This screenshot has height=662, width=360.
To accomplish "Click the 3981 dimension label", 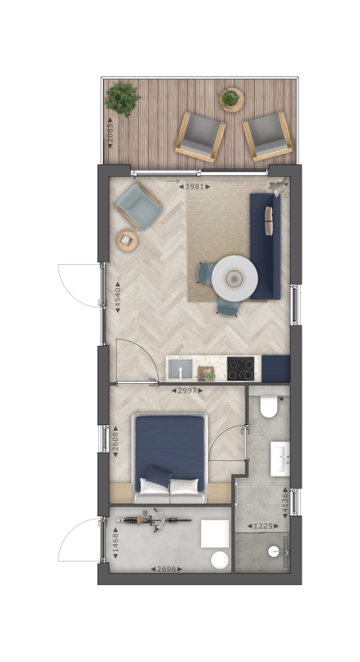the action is (194, 186).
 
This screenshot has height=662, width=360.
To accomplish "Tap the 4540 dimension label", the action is (118, 298).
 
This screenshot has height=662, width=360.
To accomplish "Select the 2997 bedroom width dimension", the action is (187, 390).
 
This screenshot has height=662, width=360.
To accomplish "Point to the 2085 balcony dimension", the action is (110, 132).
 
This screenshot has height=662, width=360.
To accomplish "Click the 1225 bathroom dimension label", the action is (263, 526).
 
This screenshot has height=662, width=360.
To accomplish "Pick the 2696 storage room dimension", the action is (167, 569).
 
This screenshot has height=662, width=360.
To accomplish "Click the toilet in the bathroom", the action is (269, 406).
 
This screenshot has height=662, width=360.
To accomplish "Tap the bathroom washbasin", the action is (281, 459).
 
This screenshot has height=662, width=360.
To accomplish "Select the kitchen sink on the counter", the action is (180, 369).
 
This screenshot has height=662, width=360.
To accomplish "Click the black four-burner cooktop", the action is (241, 368).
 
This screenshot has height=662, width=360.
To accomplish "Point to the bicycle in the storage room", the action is (154, 519).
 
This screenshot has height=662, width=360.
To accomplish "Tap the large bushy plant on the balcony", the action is (122, 99).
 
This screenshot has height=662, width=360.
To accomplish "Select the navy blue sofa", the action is (266, 246).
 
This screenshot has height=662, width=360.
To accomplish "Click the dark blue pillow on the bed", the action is (159, 477).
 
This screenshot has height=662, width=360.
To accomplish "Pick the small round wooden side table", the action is (127, 241).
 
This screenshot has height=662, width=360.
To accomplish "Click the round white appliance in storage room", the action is (220, 560).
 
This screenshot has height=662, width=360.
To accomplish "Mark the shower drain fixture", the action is (274, 551).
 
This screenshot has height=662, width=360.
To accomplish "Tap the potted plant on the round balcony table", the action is (229, 99).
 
